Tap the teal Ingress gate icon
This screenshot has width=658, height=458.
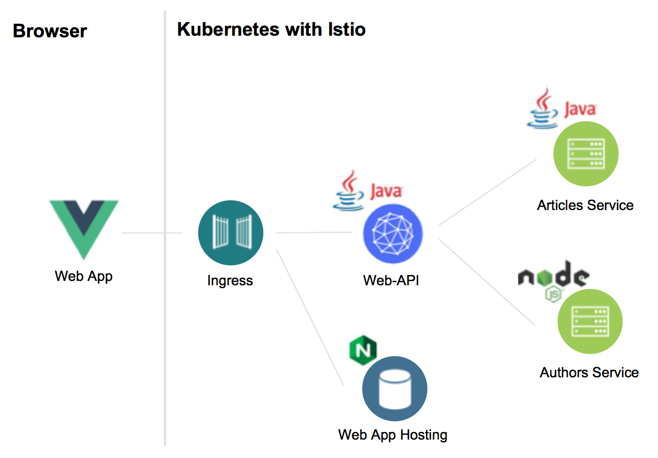click(230, 233)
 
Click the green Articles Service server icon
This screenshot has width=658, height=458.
click(585, 154)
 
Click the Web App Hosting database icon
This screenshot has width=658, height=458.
click(395, 389)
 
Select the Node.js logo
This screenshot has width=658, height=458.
click(553, 279)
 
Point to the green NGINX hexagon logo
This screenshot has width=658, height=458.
click(363, 350)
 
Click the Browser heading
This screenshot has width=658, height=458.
click(49, 31)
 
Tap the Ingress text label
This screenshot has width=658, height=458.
click(230, 280)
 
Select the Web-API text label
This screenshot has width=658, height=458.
click(391, 280)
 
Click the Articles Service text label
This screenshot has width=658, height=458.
click(585, 205)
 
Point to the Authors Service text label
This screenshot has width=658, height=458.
click(589, 372)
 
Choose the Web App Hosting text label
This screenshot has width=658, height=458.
click(392, 434)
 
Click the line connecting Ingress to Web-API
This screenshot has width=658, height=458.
click(314, 233)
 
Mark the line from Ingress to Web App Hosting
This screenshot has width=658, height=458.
click(310, 317)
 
